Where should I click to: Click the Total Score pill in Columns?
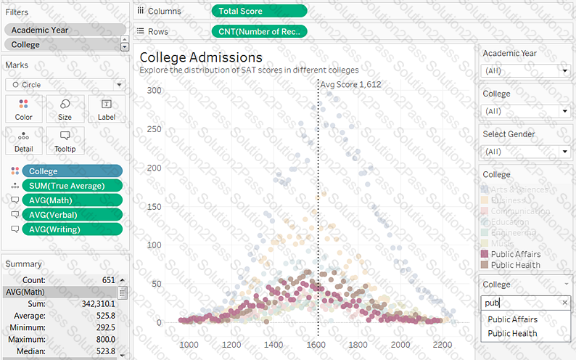259,11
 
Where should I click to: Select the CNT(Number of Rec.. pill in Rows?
259,31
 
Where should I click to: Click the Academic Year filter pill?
64,30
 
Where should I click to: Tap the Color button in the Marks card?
24,109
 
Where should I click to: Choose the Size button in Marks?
65,109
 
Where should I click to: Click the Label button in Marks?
106,109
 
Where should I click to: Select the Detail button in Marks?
24,141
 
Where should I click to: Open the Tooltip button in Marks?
65,141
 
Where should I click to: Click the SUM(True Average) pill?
72,185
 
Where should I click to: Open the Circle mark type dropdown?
65,85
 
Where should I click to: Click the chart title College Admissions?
201,57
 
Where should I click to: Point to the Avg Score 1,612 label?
350,84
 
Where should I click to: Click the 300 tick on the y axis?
153,90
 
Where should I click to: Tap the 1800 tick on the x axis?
358,345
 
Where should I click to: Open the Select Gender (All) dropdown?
526,152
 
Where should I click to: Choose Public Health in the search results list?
512,334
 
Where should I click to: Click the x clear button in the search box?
564,303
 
